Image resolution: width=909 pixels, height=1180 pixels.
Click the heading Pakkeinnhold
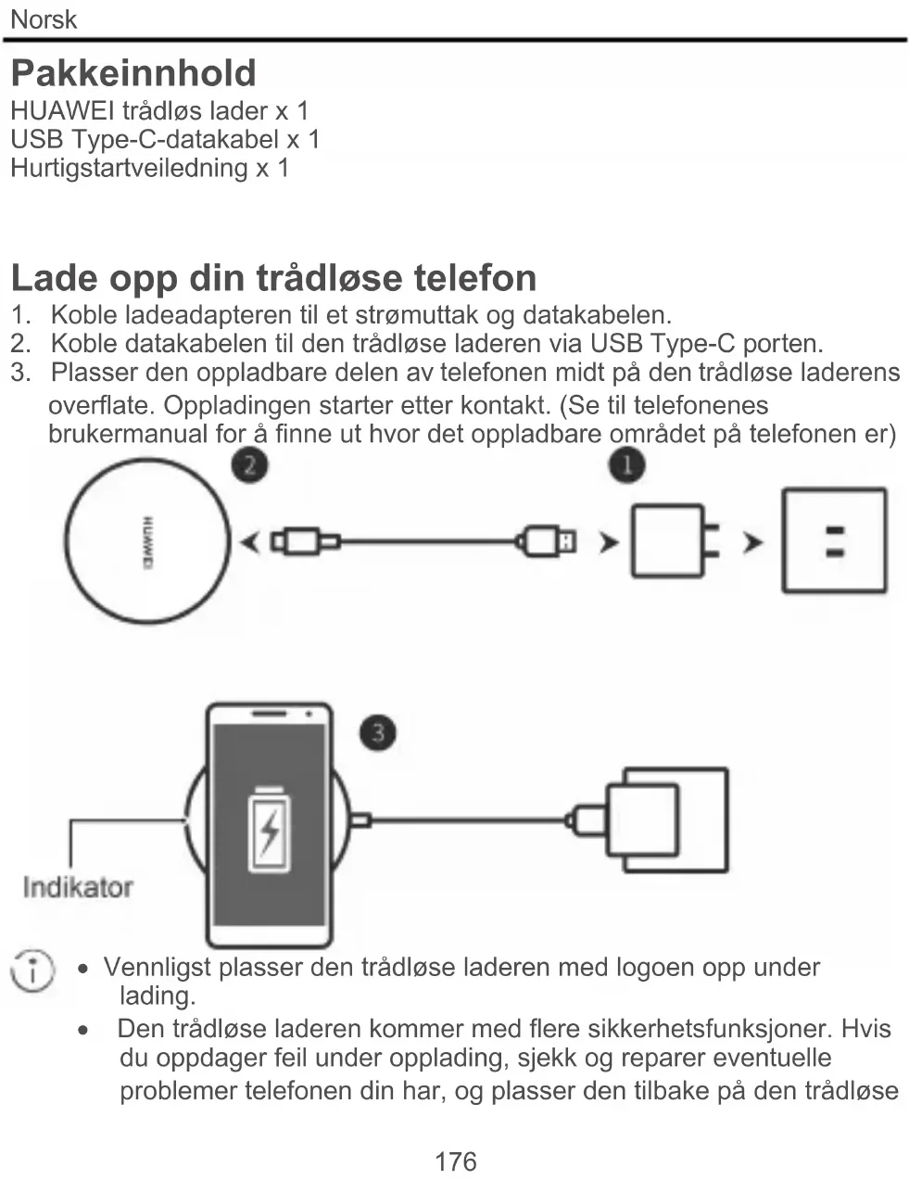[133, 73]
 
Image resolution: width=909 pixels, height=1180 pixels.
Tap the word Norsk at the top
[43, 19]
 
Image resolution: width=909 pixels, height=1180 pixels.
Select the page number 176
[455, 1161]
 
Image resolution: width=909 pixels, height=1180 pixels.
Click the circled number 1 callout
[626, 463]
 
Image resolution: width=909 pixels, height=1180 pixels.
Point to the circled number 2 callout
[249, 463]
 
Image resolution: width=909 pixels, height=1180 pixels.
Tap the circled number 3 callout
[377, 732]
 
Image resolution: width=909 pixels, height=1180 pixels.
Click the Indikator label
[78, 887]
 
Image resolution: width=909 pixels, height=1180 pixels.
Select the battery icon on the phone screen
[269, 830]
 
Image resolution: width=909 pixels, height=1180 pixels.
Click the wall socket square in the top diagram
[834, 540]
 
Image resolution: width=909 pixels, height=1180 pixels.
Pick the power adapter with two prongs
[673, 541]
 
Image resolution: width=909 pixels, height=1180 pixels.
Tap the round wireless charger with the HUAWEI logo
[147, 541]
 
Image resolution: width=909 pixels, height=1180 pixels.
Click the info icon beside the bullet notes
[32, 971]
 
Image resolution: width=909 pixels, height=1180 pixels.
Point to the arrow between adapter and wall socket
[753, 541]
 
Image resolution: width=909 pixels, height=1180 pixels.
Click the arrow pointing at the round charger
[249, 541]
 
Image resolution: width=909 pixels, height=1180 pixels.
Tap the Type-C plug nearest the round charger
[302, 541]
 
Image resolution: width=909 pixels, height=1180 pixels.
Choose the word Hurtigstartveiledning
[129, 168]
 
